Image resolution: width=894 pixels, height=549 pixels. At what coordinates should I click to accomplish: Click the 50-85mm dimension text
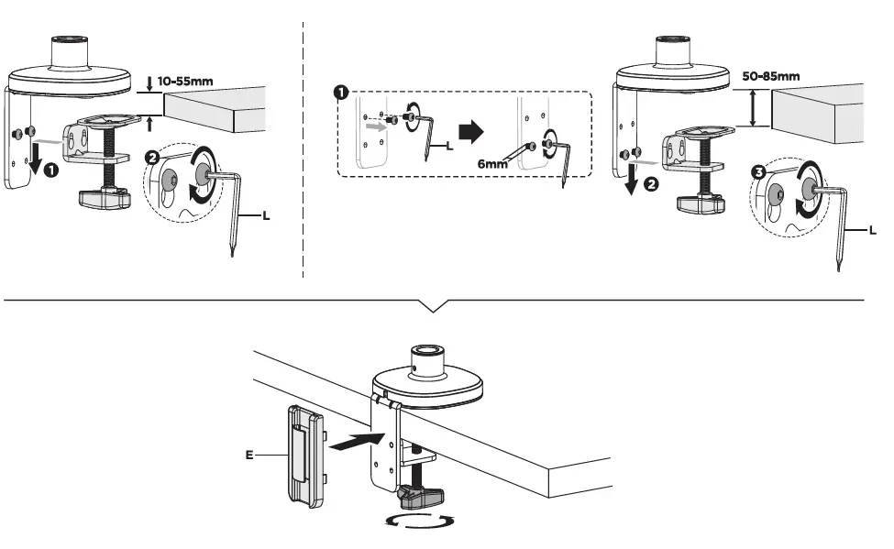click(770, 76)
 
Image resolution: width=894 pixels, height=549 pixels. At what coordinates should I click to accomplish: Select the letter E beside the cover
click(249, 453)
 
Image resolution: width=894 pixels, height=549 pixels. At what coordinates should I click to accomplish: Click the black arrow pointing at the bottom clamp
click(354, 443)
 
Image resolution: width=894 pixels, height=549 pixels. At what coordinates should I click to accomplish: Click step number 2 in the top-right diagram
click(652, 183)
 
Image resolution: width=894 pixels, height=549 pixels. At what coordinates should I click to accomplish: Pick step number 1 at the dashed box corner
click(340, 93)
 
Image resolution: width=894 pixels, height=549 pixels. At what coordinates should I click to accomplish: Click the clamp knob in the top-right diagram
click(702, 202)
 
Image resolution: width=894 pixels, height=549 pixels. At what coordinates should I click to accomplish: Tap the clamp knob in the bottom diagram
click(421, 499)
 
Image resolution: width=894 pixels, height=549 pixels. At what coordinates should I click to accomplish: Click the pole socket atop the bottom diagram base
click(425, 353)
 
